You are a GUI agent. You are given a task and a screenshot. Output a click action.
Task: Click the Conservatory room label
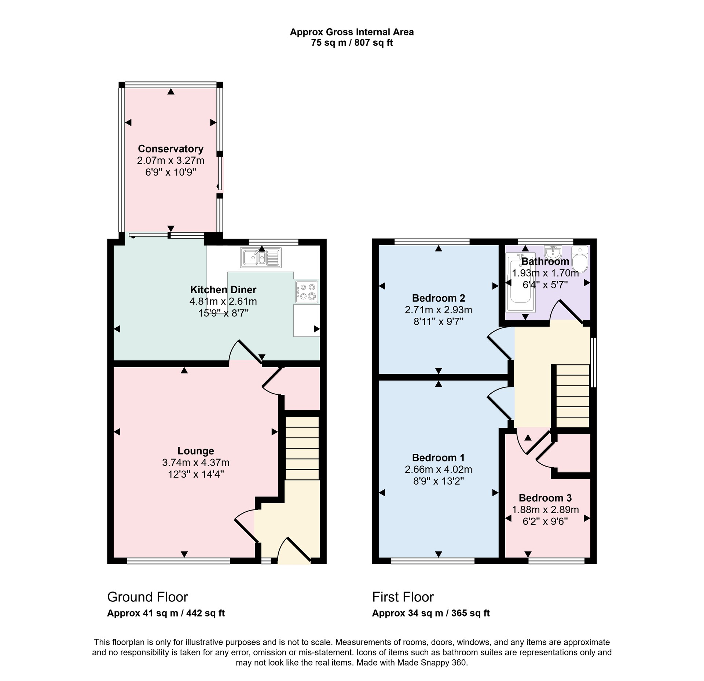click(170, 149)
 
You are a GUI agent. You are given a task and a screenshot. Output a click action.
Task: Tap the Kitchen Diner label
click(223, 290)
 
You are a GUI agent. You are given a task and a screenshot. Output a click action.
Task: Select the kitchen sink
click(261, 257)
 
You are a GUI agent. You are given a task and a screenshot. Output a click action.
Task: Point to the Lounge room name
click(196, 451)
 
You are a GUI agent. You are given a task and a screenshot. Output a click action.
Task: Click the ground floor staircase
click(302, 448)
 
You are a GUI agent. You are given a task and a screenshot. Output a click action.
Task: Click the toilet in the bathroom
click(580, 258)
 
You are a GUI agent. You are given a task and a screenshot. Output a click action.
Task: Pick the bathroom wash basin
click(553, 252)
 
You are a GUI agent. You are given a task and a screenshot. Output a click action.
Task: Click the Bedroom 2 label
click(439, 298)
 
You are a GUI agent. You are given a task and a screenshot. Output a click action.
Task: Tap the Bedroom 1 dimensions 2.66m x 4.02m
click(439, 469)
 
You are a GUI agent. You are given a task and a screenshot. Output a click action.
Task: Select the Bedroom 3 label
click(545, 498)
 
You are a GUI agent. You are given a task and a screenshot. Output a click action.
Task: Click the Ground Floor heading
click(147, 597)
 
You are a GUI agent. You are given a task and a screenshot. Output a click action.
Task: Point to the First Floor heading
click(403, 597)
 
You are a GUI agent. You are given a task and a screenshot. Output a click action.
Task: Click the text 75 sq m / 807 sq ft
click(352, 43)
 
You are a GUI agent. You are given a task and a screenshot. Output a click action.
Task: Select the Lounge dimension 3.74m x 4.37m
click(196, 463)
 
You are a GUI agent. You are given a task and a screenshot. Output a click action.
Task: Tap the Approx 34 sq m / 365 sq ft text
click(431, 613)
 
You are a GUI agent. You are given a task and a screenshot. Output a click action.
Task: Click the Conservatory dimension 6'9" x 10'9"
click(171, 172)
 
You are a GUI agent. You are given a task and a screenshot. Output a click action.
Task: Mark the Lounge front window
click(179, 561)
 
